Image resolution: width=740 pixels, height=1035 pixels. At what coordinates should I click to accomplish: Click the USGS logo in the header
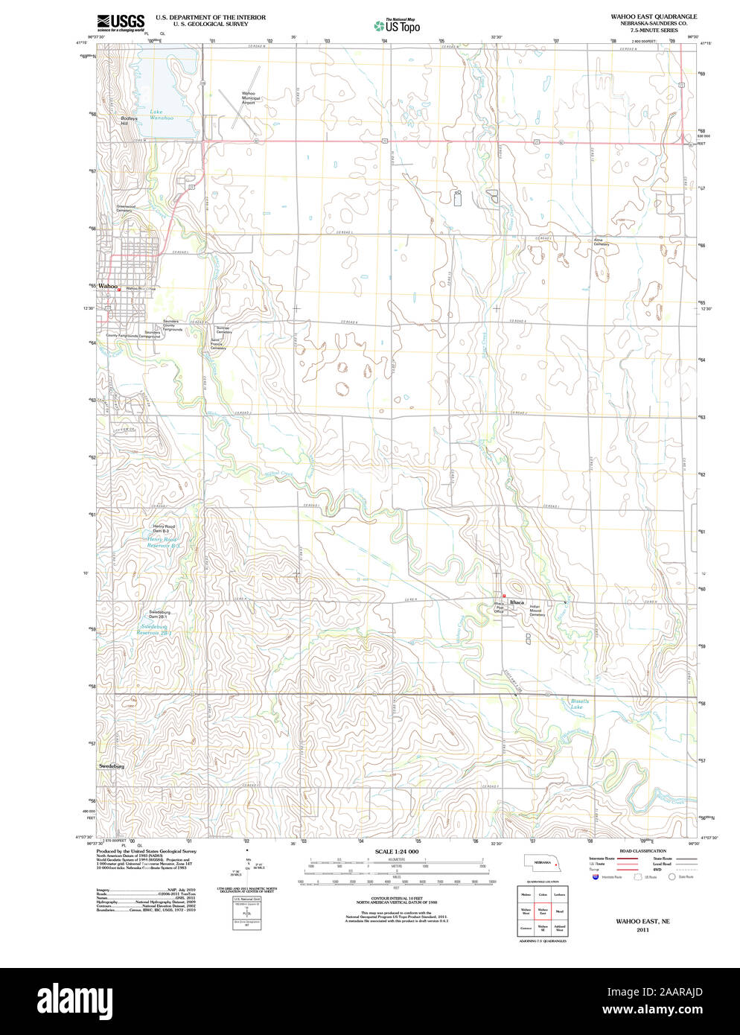pos(120,22)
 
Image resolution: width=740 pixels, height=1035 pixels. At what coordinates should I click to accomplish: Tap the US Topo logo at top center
pos(398,26)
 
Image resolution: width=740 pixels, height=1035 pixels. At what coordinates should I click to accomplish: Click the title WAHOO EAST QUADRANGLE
pos(654,16)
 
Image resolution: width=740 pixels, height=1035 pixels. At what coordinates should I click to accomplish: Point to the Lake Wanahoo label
pos(161,115)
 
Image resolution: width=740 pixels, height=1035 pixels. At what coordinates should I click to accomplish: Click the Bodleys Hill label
pos(129,121)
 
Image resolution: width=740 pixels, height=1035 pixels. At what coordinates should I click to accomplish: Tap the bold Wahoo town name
pos(108,286)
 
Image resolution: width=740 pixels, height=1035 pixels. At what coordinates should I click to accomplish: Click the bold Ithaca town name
pos(517,602)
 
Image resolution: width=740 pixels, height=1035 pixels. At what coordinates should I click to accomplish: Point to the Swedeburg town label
pos(112,765)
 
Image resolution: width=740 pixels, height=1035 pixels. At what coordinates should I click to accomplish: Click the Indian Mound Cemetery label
pos(537,611)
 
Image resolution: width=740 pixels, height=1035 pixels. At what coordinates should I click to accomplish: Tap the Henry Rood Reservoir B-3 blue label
pos(163,542)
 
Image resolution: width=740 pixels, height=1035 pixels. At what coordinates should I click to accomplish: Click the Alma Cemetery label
pos(601,242)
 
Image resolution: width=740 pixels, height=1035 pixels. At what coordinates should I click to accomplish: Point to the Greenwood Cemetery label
pos(125,208)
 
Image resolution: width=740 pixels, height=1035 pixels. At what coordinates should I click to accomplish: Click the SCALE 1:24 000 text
pos(396,851)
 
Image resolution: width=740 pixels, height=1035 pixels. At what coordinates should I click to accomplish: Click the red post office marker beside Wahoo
pos(119,290)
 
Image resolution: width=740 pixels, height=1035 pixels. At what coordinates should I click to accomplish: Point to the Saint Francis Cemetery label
pos(218,343)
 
